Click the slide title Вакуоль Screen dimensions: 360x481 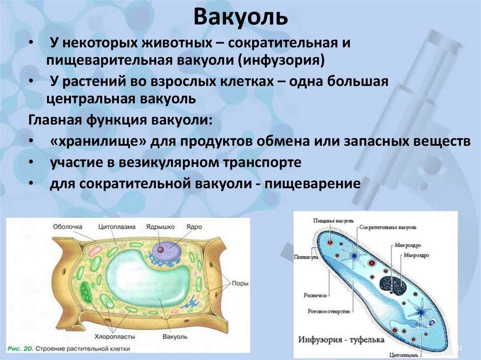240,17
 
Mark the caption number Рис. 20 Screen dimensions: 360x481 21,349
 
